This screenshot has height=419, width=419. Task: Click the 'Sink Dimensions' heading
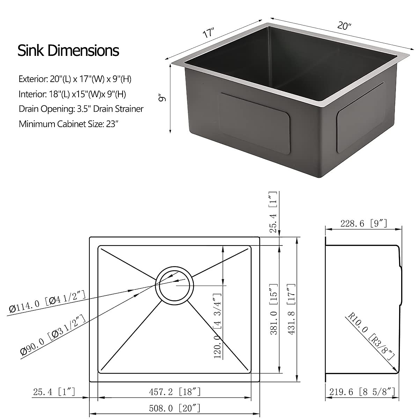pos(68,51)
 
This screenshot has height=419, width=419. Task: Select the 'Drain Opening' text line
pos(81,109)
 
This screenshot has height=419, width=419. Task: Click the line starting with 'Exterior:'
pos(75,79)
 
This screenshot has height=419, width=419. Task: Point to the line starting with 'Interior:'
pos(72,94)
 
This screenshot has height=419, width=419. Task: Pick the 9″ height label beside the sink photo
pos(162,98)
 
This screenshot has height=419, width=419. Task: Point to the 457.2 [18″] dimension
pos(175,392)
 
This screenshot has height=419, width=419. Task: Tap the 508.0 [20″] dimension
pos(175,408)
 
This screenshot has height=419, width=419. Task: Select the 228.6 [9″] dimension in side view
pos(363,223)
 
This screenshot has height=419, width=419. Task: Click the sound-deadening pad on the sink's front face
pos(254,124)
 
